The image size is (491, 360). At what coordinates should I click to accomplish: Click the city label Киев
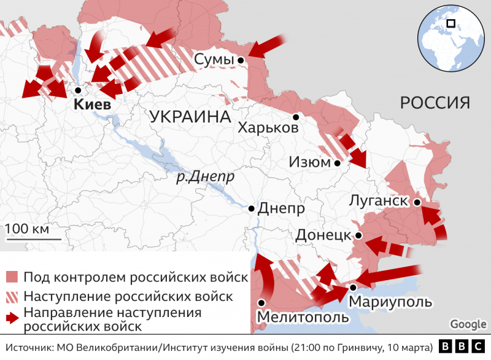click(x=93, y=104)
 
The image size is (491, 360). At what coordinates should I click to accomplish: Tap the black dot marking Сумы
click(x=241, y=60)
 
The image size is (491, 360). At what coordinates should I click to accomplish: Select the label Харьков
click(x=268, y=128)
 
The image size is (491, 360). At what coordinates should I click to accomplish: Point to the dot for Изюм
click(x=337, y=163)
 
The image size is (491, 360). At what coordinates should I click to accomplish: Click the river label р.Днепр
click(x=205, y=177)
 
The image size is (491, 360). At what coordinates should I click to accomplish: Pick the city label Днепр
click(x=281, y=209)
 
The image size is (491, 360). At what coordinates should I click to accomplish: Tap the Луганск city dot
click(x=417, y=202)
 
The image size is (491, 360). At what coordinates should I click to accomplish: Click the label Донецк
click(x=323, y=235)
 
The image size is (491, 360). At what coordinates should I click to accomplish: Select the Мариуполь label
click(x=390, y=302)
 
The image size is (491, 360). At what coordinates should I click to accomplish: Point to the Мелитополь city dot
click(x=261, y=302)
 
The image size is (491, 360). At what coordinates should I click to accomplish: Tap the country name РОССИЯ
click(x=435, y=102)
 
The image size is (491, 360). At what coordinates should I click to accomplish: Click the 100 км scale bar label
click(x=27, y=229)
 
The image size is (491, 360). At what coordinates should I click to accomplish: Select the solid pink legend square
click(x=12, y=277)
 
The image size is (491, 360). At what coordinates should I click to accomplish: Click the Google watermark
click(x=468, y=324)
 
